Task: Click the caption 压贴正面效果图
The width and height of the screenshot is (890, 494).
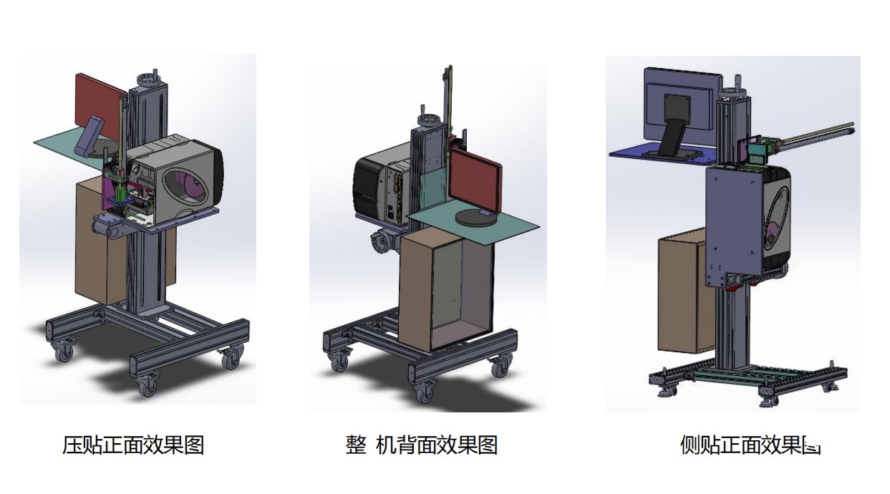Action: pyautogui.click(x=133, y=445)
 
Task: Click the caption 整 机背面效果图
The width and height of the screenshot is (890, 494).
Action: pyautogui.click(x=421, y=445)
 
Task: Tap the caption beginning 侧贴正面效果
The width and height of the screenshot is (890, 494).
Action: pyautogui.click(x=749, y=445)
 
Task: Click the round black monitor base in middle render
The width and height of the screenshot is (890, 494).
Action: pyautogui.click(x=475, y=218)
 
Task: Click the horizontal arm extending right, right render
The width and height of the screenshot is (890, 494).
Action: pyautogui.click(x=816, y=136)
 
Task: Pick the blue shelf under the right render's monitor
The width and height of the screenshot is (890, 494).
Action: pyautogui.click(x=662, y=150)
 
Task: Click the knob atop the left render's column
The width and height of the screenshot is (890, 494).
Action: pyautogui.click(x=153, y=75)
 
